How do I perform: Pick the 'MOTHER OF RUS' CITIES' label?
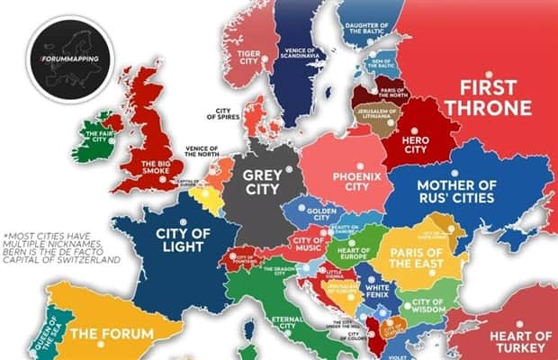(x=456, y=195)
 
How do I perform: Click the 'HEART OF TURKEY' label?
(x=519, y=341)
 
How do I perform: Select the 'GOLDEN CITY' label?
(x=322, y=216)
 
